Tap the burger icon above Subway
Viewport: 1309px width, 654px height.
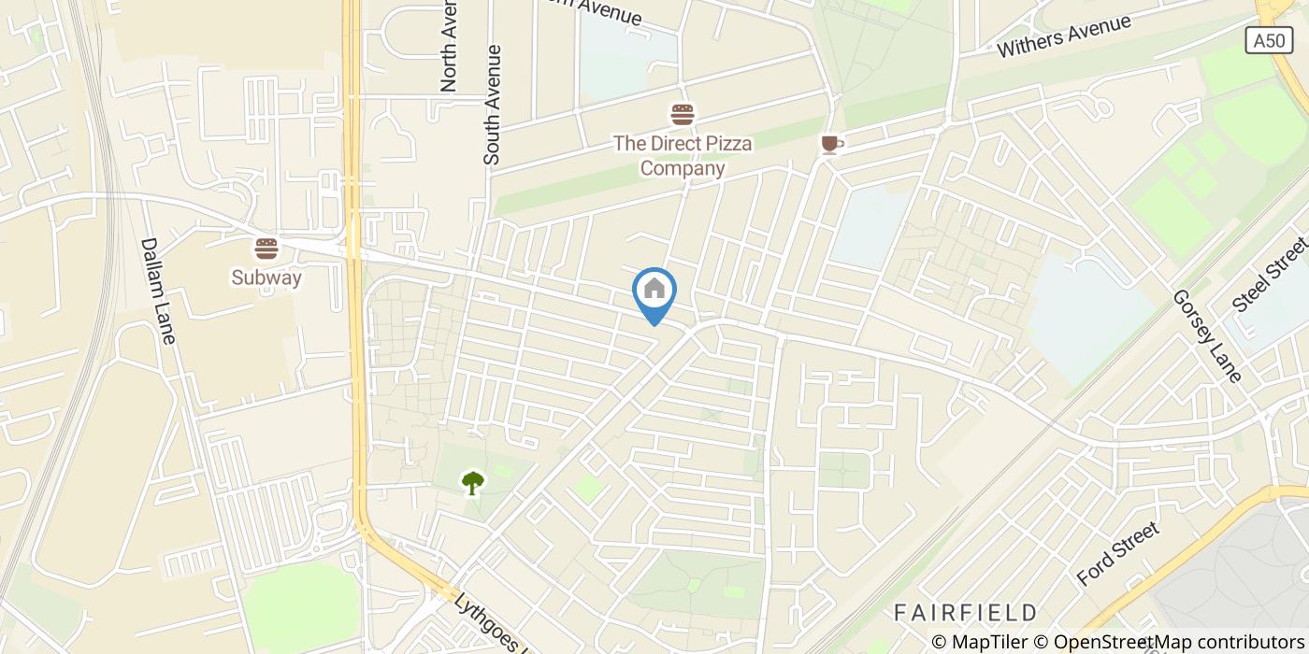[x=266, y=249]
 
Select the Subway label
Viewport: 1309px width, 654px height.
[x=266, y=277]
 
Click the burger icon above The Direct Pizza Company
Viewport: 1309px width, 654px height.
[x=683, y=115]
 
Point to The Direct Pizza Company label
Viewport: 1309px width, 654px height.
[x=683, y=156]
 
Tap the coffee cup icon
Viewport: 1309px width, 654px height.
[x=830, y=144]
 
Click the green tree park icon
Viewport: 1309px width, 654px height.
[x=473, y=482]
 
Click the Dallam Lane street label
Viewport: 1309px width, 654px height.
[x=157, y=290]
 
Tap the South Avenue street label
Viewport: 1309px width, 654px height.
[x=493, y=106]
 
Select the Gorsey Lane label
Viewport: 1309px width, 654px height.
[x=1207, y=335]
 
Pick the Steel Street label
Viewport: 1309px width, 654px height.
[x=1269, y=274]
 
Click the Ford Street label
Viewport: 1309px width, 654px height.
[x=1117, y=553]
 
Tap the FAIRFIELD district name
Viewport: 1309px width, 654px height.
[x=965, y=613]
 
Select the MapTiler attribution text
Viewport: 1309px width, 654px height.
[x=981, y=642]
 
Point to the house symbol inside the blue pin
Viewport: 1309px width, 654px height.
[x=654, y=289]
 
